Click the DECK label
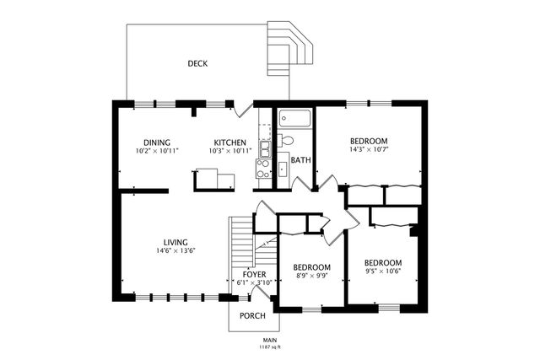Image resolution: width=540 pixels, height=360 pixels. [x=197, y=63]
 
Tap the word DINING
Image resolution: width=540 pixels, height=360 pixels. [x=157, y=142]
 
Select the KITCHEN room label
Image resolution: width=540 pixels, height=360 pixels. [x=229, y=142]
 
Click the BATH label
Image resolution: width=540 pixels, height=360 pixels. [x=300, y=159]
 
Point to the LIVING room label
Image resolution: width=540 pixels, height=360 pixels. [x=175, y=241]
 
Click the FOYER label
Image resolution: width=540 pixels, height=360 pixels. [x=254, y=274]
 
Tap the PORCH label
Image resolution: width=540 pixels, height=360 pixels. [x=252, y=315]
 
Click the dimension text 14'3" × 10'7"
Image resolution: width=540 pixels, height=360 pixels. [x=369, y=150]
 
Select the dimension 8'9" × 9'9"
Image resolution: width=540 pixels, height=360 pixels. [x=311, y=276]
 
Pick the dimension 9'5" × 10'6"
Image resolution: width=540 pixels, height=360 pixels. [x=382, y=271]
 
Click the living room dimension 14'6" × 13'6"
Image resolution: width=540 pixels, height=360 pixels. [x=175, y=250]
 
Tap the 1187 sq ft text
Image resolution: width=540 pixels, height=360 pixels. [x=269, y=347]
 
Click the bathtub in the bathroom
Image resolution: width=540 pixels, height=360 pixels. [x=294, y=119]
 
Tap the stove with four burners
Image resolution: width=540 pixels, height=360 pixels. [x=264, y=172]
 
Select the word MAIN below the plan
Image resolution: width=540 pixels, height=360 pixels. [x=269, y=339]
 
